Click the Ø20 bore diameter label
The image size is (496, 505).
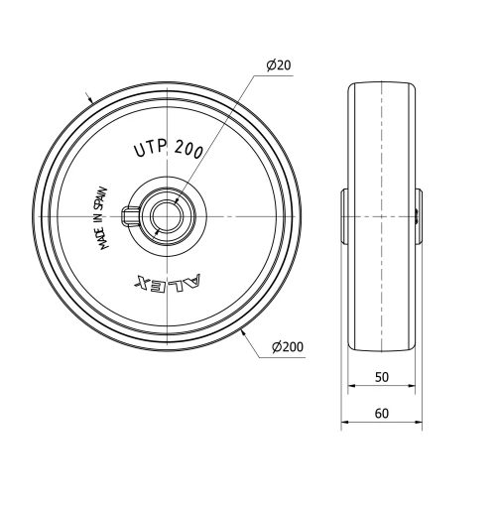(x=278, y=65)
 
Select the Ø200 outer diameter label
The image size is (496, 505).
(x=286, y=346)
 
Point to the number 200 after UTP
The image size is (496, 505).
(x=188, y=149)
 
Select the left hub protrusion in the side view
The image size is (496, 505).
(x=344, y=215)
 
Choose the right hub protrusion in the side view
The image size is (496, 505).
(x=420, y=215)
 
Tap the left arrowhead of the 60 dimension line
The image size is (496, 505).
(x=345, y=423)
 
